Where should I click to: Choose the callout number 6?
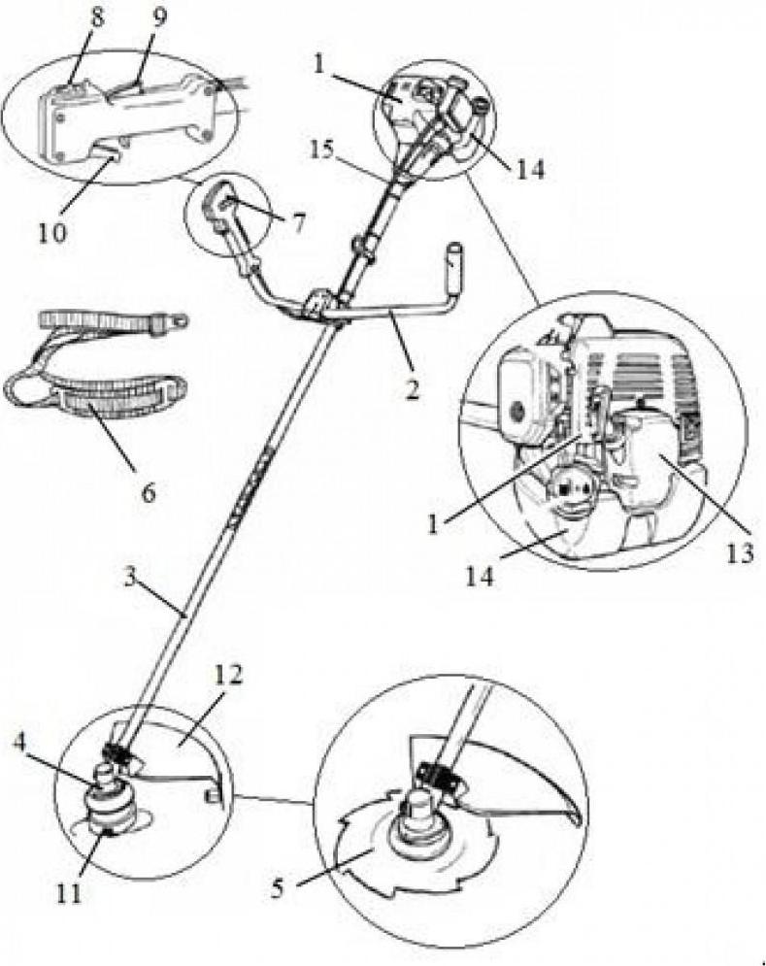point(148,492)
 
